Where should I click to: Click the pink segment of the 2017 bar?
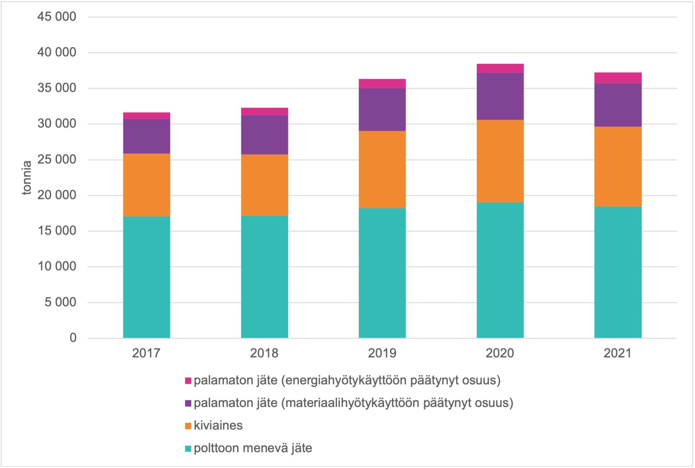[x=147, y=116]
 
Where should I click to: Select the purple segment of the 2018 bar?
[x=265, y=135]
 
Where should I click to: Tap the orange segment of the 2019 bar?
[x=382, y=169]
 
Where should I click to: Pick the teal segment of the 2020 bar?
[x=500, y=270]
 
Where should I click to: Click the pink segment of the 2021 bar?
[x=618, y=78]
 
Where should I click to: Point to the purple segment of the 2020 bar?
[x=500, y=96]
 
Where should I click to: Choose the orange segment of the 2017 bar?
[x=147, y=185]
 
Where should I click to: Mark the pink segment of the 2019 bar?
[x=382, y=84]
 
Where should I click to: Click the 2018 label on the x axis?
[x=264, y=353]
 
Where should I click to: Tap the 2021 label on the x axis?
[x=618, y=353]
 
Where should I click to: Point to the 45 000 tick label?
[x=57, y=17]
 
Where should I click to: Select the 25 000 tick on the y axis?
[x=57, y=159]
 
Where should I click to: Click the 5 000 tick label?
[x=60, y=302]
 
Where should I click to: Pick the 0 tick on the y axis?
[x=73, y=338]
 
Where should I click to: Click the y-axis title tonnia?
[x=27, y=178]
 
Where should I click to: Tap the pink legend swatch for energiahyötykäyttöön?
[x=188, y=381]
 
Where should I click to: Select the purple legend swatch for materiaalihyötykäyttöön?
[x=188, y=403]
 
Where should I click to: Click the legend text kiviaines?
[x=218, y=425]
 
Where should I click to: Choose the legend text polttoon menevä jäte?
[x=253, y=448]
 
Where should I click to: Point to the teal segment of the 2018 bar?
[x=265, y=277]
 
